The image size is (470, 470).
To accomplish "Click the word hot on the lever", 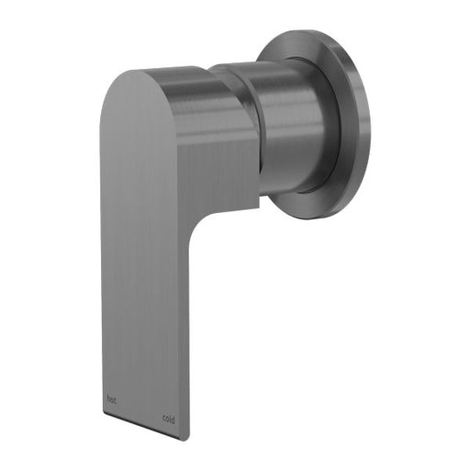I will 112,399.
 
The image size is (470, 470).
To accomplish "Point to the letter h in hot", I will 108,399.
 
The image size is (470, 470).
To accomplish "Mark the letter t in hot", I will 117,399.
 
